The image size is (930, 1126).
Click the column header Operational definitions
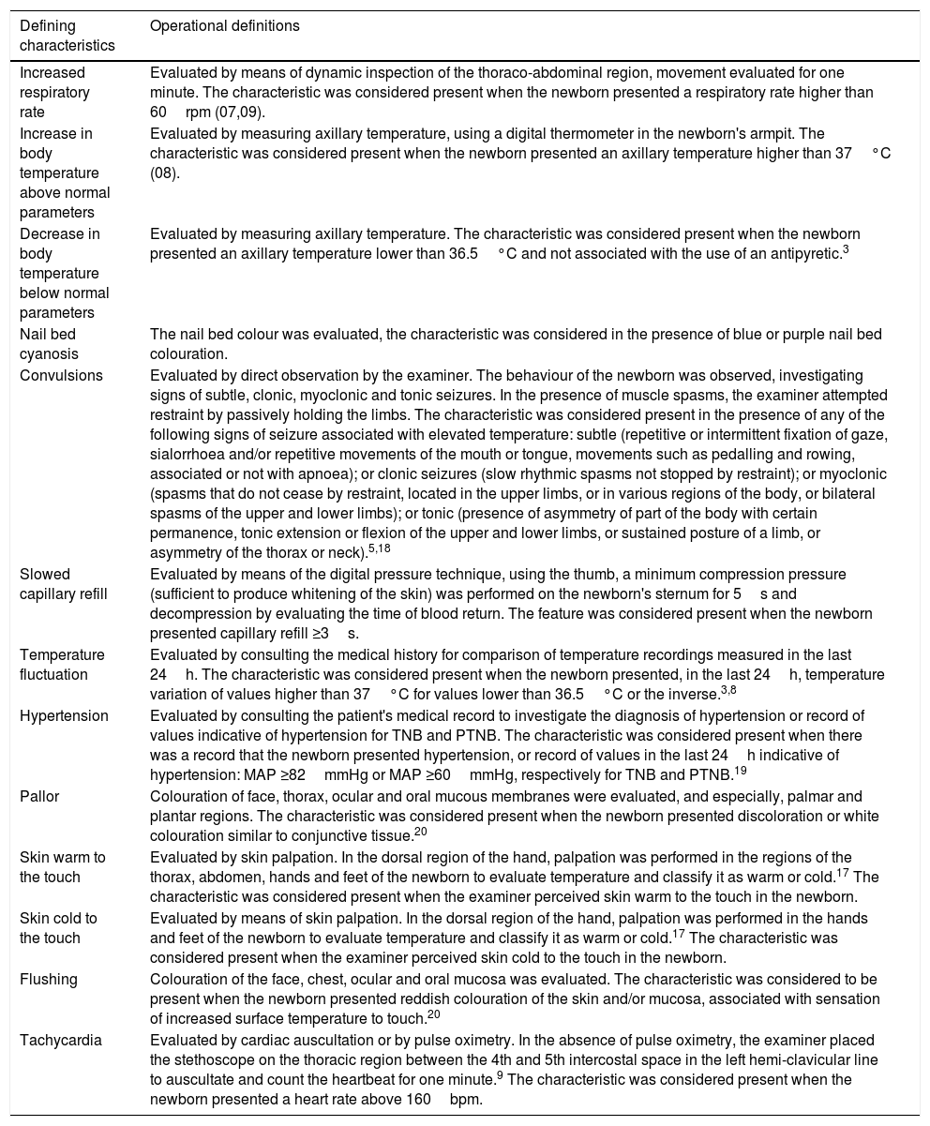(x=224, y=26)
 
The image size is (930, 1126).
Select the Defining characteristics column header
(x=59, y=36)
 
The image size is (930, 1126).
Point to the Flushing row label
(x=47, y=980)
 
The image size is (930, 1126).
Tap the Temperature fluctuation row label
(x=61, y=665)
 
